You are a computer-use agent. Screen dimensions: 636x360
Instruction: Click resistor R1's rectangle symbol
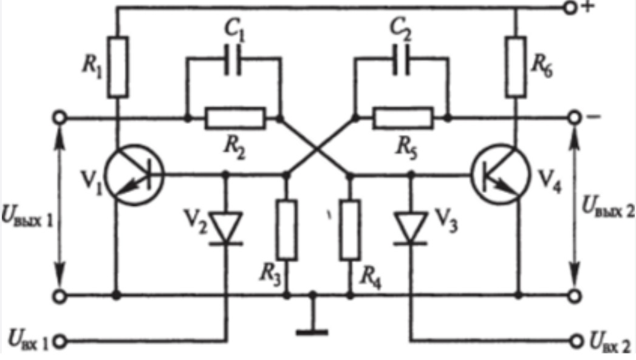click(x=118, y=67)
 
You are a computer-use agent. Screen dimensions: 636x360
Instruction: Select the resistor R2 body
click(x=235, y=118)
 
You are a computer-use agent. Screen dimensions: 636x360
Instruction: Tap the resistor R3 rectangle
click(x=286, y=229)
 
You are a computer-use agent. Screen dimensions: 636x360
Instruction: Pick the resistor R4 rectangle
click(x=350, y=229)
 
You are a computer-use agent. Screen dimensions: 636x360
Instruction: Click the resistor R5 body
click(x=403, y=118)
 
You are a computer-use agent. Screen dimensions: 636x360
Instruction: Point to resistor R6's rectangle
click(x=516, y=67)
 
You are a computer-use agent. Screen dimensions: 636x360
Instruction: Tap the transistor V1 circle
click(x=134, y=175)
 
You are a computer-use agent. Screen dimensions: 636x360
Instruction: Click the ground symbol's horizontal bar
click(x=312, y=333)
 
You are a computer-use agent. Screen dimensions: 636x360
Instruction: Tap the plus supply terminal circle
click(x=570, y=8)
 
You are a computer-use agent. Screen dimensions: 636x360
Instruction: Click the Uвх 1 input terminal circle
click(x=60, y=342)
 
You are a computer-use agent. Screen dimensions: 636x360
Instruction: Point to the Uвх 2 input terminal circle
click(x=576, y=342)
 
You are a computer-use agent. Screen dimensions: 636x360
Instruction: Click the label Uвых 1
click(x=27, y=216)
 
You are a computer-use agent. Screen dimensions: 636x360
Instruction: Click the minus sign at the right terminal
click(x=593, y=117)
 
